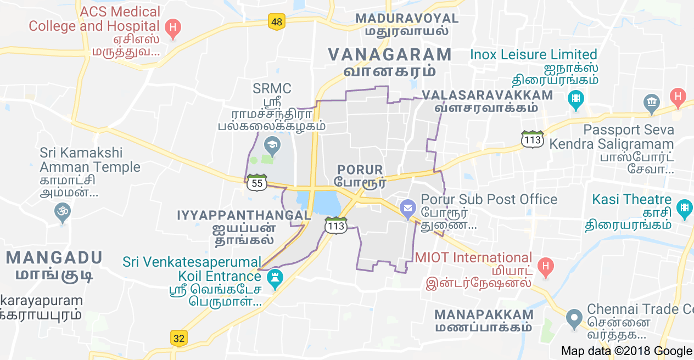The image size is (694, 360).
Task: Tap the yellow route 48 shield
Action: pos(277,22)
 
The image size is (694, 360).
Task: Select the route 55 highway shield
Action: pos(257,182)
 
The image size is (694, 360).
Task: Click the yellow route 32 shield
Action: pos(179,338)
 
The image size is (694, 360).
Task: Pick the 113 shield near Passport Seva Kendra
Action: pos(533,139)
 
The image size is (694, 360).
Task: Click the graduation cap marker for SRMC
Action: pos(271,145)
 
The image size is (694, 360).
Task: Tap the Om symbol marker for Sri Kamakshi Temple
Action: pos(63,211)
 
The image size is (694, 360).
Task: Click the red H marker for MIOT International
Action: pos(545,267)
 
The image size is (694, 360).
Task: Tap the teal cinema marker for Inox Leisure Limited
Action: pos(576,99)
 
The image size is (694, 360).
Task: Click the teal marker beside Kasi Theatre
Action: pos(684,208)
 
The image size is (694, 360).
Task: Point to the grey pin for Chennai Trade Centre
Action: pos(574,317)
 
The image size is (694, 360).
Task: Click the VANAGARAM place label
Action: pos(390,54)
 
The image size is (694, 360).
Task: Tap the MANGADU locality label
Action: pos(54,257)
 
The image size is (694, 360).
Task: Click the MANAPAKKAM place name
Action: pos(484,315)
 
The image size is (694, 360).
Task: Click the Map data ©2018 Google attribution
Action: pos(626,351)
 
